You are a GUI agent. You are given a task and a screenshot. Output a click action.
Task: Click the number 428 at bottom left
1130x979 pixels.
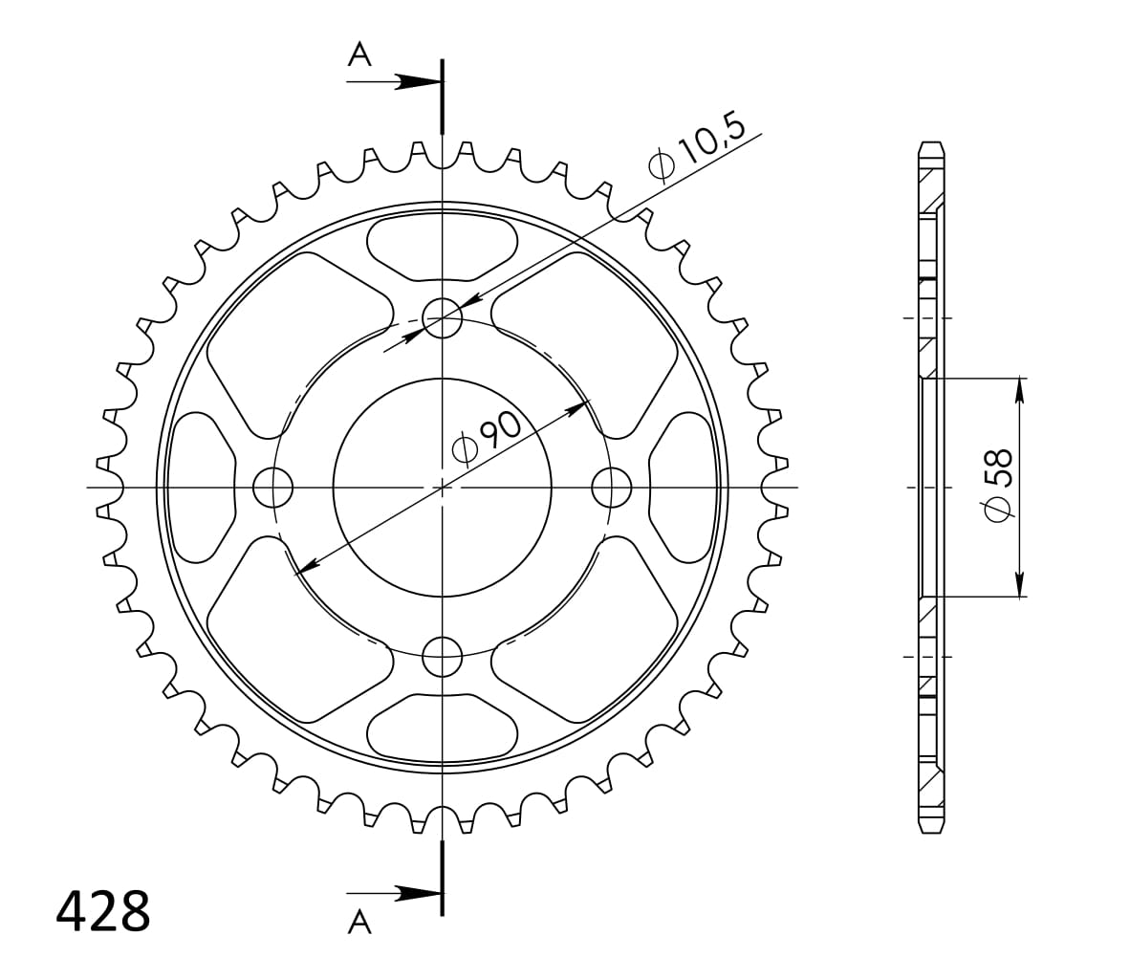[x=103, y=913]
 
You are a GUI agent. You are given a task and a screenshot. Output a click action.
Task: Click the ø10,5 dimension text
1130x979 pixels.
[x=698, y=147]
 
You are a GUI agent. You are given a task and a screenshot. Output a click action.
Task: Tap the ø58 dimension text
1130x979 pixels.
[x=998, y=487]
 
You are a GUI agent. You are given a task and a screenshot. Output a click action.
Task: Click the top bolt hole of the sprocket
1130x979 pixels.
[x=443, y=318]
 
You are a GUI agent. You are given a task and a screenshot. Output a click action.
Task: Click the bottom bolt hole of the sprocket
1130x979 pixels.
[x=443, y=657]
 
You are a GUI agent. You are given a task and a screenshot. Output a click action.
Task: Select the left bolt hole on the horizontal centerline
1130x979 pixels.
[x=272, y=488]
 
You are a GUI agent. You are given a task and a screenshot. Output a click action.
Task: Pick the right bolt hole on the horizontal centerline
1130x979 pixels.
[x=612, y=488]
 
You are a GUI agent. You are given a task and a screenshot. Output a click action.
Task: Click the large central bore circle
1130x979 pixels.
[x=443, y=488]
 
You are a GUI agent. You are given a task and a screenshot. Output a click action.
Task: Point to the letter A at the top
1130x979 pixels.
[x=359, y=54]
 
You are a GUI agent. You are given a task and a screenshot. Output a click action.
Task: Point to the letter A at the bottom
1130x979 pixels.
[x=359, y=922]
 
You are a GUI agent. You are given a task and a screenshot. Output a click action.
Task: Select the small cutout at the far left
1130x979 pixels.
[x=202, y=488]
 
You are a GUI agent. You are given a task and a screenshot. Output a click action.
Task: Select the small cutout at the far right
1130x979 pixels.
[x=683, y=488]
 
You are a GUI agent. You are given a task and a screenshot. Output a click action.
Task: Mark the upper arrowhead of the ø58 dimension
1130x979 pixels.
[x=1020, y=390]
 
